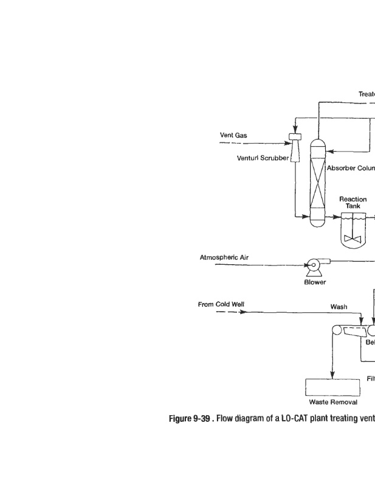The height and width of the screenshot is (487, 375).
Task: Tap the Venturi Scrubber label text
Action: click(x=263, y=158)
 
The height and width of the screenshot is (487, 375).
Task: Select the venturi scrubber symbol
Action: click(x=296, y=148)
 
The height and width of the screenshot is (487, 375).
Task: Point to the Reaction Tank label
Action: click(x=353, y=202)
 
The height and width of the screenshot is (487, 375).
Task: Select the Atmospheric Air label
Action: click(x=224, y=258)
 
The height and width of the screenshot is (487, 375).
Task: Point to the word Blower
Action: click(x=314, y=282)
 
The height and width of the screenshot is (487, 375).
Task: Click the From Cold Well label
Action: click(x=221, y=304)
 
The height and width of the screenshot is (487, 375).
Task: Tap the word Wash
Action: click(x=339, y=307)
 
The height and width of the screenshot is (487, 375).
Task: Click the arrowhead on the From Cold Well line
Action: click(x=243, y=312)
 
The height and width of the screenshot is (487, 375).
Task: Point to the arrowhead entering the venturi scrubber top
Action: click(x=295, y=130)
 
